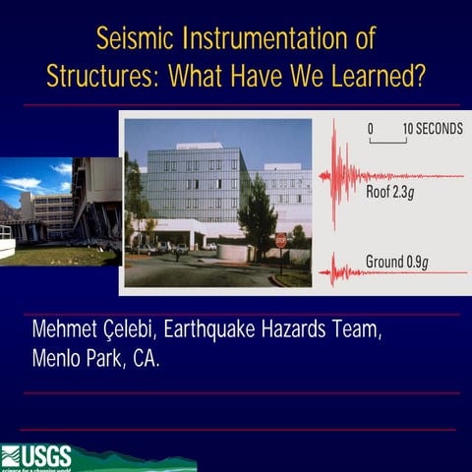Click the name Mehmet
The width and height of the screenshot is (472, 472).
[70, 329]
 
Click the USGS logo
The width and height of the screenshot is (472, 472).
[36, 457]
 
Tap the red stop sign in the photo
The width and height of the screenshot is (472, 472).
[281, 240]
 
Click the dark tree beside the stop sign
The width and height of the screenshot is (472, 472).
[259, 211]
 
